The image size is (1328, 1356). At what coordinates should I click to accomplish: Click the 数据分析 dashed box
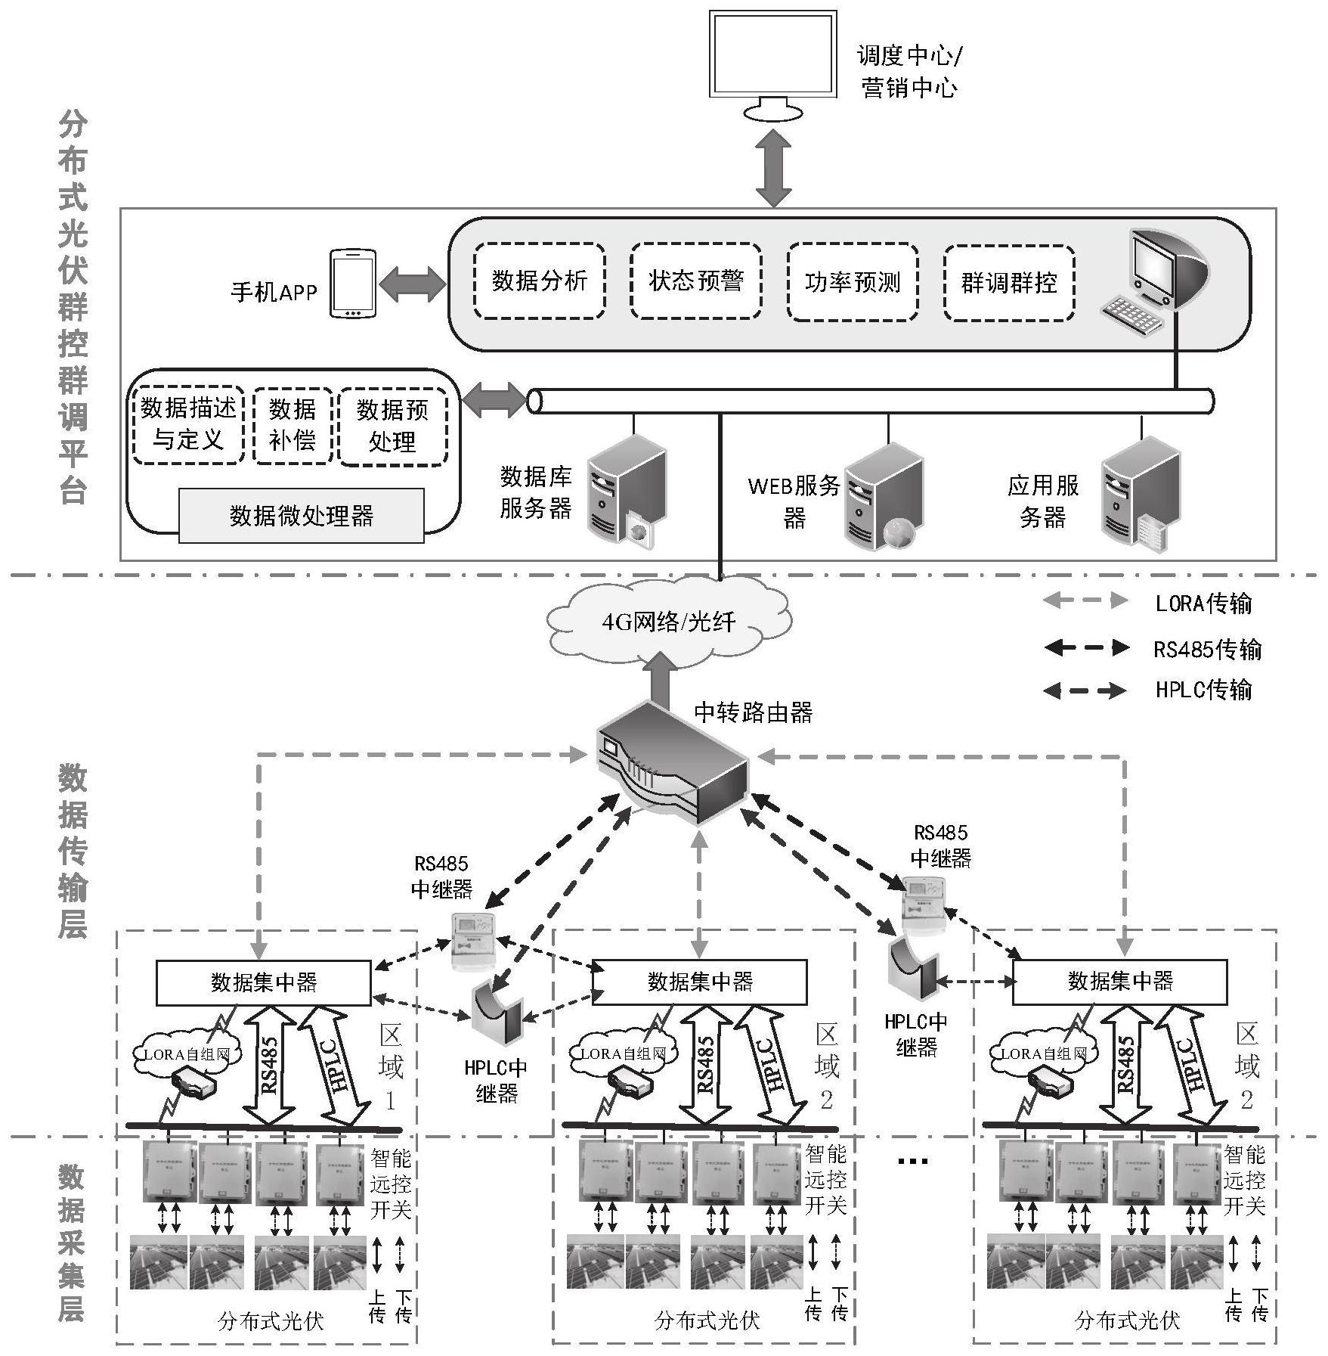pyautogui.click(x=539, y=281)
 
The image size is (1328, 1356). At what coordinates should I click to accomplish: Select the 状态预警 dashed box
pyautogui.click(x=695, y=281)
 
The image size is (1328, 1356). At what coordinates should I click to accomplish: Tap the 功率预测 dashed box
pyautogui.click(x=853, y=282)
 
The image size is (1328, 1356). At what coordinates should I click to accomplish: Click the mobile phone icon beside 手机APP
pyautogui.click(x=352, y=284)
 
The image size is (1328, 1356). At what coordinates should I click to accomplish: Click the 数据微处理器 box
pyautogui.click(x=301, y=516)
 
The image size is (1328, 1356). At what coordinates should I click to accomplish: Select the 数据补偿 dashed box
pyautogui.click(x=292, y=425)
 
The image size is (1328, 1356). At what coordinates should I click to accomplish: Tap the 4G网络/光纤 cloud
pyautogui.click(x=668, y=622)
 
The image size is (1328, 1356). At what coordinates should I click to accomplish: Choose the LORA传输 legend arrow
pyautogui.click(x=1085, y=601)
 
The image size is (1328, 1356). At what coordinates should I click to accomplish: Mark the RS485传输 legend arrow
pyautogui.click(x=1085, y=647)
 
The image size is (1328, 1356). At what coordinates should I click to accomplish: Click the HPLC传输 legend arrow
pyautogui.click(x=1085, y=690)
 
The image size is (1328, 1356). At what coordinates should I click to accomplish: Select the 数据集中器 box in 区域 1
pyautogui.click(x=263, y=982)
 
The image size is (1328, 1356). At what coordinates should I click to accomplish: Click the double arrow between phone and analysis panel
pyautogui.click(x=413, y=284)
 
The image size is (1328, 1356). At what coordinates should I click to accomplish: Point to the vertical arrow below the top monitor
pyautogui.click(x=773, y=168)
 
